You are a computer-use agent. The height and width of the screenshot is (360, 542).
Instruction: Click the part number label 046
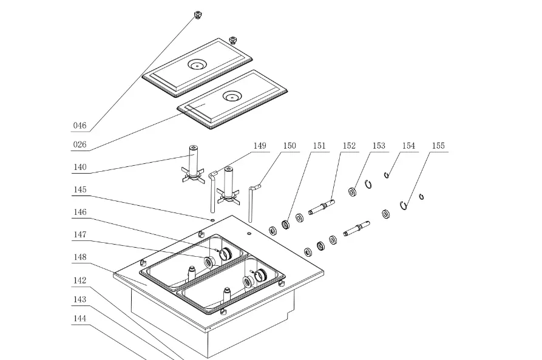[x=80, y=126]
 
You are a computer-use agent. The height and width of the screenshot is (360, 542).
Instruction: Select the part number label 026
[x=80, y=145]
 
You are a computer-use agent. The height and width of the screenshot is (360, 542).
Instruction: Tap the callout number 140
[x=80, y=168]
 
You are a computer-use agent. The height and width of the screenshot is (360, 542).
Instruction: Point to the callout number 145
[x=80, y=190]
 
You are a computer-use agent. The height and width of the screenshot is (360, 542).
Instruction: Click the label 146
[x=80, y=212]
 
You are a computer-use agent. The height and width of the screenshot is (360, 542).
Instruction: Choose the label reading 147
[x=80, y=235]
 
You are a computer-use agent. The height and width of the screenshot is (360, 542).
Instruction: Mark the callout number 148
[x=80, y=257]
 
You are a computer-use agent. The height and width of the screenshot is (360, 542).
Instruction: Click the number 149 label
[x=260, y=146]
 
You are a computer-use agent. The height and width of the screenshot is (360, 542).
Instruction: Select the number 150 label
[x=290, y=146]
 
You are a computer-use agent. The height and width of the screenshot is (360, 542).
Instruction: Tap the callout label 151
[x=319, y=146]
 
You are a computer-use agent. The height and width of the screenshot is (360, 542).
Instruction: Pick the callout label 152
[x=349, y=146]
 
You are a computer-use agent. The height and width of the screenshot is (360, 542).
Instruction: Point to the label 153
[x=379, y=146]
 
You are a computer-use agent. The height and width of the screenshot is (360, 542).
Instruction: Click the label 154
[x=408, y=146]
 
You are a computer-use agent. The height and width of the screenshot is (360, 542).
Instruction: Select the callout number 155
[x=438, y=146]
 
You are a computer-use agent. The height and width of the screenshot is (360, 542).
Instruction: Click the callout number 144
[x=80, y=318]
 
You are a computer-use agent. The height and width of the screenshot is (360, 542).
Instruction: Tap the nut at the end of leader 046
[x=197, y=14]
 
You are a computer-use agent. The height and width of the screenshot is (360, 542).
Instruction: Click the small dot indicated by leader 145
[x=213, y=219]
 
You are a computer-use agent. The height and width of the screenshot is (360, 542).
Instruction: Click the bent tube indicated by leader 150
[x=251, y=200]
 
